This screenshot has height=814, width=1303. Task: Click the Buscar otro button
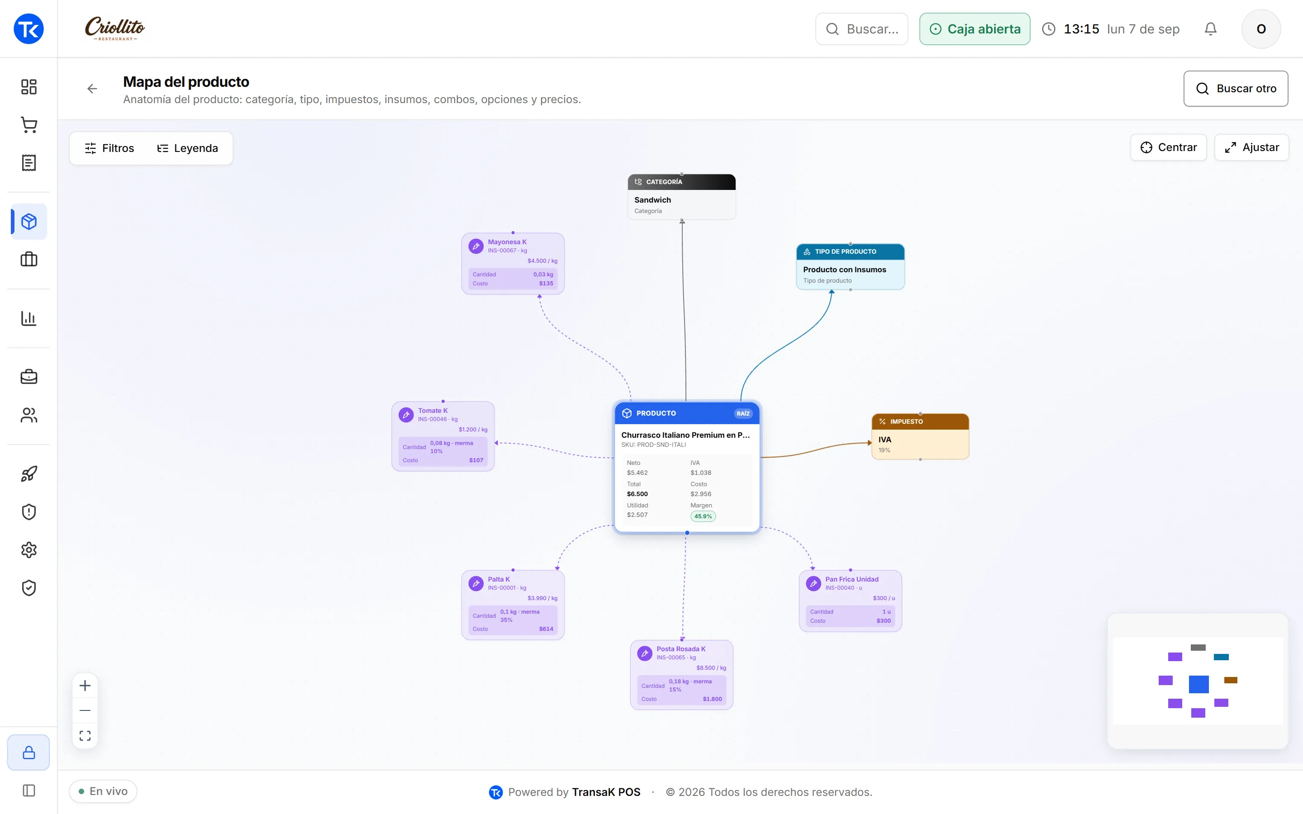1235,88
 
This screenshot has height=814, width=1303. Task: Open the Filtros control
109,148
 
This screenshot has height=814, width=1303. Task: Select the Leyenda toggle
187,148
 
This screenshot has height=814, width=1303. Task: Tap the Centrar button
1168,147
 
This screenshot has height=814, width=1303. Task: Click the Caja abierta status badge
975,29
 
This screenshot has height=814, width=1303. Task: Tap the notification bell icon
1210,29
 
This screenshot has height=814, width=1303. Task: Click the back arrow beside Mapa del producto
92,89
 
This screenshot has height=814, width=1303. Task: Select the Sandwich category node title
652,200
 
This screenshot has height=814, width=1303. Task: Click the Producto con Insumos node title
844,270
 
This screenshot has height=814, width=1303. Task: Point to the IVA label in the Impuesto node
885,439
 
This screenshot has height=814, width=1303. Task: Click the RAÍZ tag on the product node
743,413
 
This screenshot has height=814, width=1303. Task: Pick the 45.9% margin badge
703,516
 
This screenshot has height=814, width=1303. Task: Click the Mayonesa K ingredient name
507,242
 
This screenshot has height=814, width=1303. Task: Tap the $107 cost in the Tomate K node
476,460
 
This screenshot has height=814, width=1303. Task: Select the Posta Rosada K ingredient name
680,649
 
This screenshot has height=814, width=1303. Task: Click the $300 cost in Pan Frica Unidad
883,621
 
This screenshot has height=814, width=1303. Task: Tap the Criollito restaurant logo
114,28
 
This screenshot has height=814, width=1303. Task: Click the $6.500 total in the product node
637,494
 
